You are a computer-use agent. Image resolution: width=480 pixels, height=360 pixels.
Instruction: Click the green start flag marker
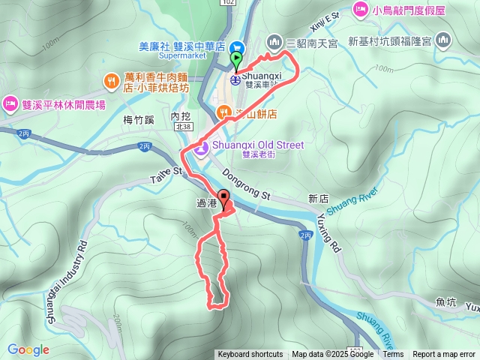237,58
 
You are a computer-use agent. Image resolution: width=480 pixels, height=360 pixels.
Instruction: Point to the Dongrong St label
246,185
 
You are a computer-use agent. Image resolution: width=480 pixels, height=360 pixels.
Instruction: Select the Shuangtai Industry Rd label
70,274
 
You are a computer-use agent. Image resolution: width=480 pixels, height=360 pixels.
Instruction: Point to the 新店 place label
319,199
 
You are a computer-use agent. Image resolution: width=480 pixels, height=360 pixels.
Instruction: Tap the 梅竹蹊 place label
138,118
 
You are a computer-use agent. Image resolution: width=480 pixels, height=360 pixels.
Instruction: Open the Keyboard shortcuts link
250,355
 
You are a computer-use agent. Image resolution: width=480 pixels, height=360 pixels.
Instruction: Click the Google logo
28,349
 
